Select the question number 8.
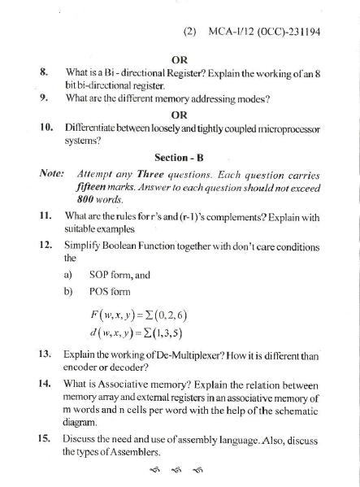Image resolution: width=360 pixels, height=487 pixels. [x=45, y=72]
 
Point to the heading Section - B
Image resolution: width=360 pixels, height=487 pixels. [x=180, y=157]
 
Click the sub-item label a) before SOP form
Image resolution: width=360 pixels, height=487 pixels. [x=67, y=276]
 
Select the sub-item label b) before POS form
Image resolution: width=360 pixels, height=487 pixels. [x=68, y=293]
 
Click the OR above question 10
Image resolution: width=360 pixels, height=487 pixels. [x=180, y=114]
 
